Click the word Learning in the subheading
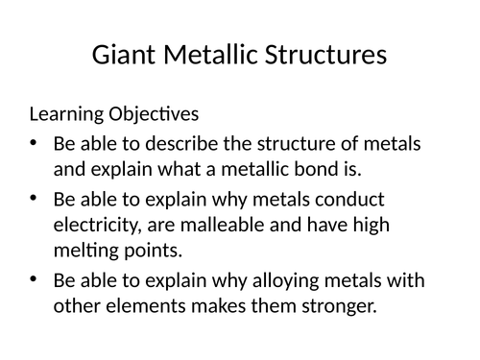pos(66,115)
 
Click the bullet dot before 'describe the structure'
pos(35,144)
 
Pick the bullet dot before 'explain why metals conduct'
pos(35,200)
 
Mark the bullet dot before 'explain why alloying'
pos(35,279)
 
